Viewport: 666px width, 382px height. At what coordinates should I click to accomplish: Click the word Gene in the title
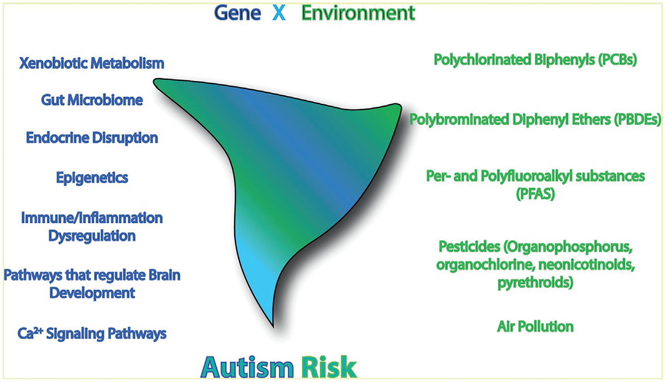coord(237,13)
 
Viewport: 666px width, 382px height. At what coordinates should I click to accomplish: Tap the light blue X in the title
coord(279,13)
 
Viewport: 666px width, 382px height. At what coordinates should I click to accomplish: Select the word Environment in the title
coord(358,13)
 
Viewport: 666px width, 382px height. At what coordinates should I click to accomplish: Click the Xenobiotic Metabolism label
coord(92,63)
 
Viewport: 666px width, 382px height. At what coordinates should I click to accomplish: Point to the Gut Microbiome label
coord(92,100)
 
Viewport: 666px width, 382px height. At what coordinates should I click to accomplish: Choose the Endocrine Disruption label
coord(92,138)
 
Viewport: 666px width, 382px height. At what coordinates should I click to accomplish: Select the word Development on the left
coord(92,293)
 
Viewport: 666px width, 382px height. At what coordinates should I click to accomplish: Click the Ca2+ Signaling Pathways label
coord(92,334)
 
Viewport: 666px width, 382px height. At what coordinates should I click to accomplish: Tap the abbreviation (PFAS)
coord(535,194)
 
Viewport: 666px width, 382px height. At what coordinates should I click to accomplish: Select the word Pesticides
coord(469,247)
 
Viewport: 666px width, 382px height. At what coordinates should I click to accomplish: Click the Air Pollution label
coord(535,326)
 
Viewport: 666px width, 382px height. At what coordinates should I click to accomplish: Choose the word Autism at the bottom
coord(247,368)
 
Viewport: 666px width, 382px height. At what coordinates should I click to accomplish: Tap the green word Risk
coord(329,368)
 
